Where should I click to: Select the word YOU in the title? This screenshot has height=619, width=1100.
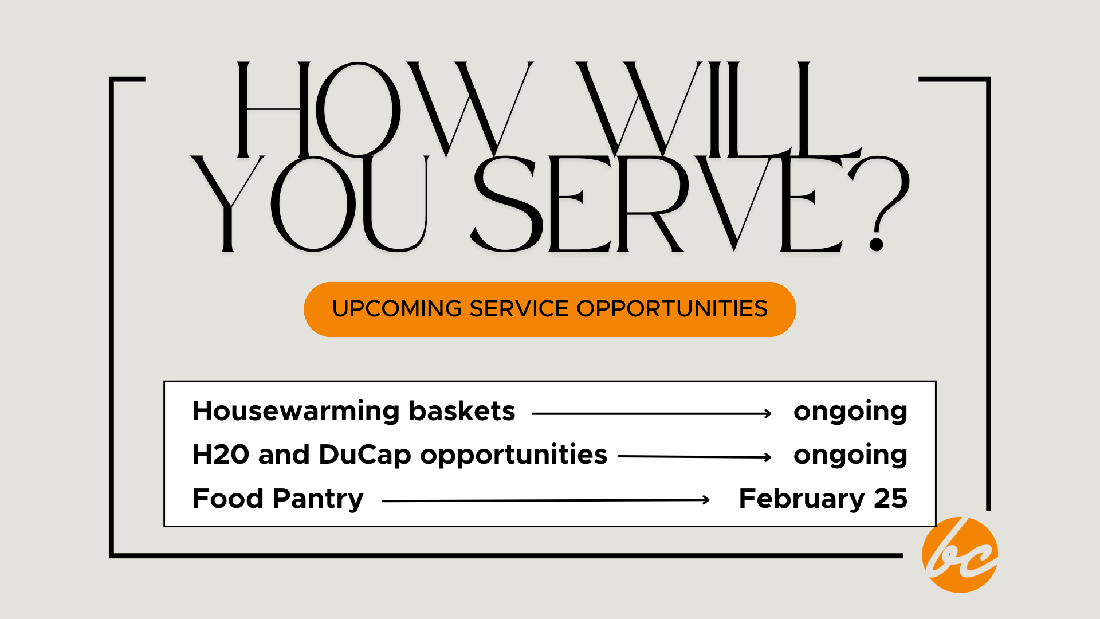[309, 203]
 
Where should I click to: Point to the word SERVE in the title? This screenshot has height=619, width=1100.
[659, 203]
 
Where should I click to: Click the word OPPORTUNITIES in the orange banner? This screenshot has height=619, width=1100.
[672, 309]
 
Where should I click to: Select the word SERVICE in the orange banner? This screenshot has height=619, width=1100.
[519, 309]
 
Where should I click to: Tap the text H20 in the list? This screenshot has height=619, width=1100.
[221, 455]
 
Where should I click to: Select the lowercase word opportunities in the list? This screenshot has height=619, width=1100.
[513, 455]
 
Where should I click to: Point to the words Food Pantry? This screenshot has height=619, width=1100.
[278, 499]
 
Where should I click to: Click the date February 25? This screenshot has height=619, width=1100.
[823, 499]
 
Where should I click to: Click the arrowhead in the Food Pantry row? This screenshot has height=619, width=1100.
[706, 500]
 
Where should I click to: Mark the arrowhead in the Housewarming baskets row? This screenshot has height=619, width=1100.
[768, 413]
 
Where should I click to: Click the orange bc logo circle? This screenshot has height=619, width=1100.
[960, 555]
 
